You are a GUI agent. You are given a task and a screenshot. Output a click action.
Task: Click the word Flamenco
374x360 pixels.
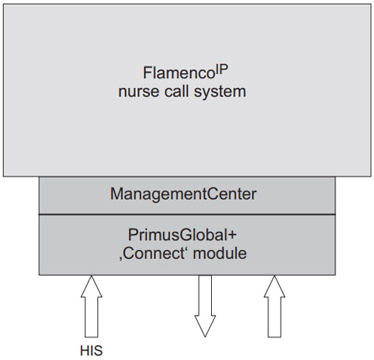178,73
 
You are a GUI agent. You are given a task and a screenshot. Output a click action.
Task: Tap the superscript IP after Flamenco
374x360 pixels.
221,70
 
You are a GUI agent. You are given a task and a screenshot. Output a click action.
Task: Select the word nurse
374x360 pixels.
139,92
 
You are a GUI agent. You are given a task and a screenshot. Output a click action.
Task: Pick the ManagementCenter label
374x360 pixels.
183,194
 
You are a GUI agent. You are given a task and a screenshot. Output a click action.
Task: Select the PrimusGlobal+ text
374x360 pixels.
182,235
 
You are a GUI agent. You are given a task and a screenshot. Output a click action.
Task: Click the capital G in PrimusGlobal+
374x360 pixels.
175,235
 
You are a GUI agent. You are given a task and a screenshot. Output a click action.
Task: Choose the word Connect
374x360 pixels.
153,254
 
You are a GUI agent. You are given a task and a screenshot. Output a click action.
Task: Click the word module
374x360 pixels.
220,254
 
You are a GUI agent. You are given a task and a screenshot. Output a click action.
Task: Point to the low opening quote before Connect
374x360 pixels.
121,258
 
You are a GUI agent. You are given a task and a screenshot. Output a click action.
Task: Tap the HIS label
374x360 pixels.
91,350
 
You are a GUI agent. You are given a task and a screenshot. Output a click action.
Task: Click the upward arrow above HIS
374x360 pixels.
91,307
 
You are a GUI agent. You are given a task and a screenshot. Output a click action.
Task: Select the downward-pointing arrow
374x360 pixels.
205,307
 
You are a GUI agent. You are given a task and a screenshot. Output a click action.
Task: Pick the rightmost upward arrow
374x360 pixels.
274,307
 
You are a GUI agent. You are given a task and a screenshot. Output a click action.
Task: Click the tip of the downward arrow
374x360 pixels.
205,337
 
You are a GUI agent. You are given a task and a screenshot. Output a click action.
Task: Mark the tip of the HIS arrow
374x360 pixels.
91,276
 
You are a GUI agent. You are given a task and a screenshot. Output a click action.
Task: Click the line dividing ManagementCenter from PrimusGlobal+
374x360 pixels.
187,215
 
